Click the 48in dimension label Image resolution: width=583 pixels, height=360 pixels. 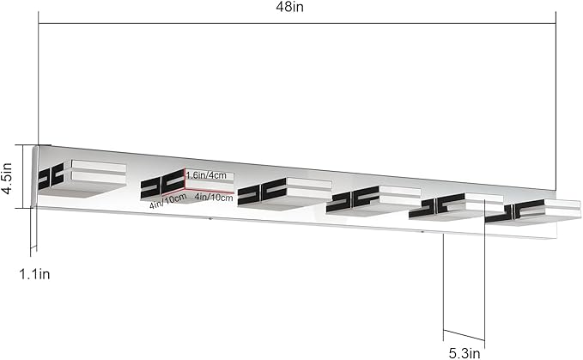[x=289, y=7]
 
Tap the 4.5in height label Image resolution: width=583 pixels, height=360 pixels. [x=7, y=178]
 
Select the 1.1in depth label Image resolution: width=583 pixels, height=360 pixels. [x=34, y=274]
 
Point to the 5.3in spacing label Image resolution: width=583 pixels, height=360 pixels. [x=465, y=353]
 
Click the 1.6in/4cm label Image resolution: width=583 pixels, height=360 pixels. [x=206, y=175]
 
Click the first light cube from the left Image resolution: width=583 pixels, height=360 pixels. [x=82, y=177]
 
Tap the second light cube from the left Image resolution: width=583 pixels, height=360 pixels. [x=187, y=186]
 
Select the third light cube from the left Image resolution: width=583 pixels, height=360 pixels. [x=284, y=192]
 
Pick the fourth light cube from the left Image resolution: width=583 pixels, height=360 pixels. [x=373, y=201]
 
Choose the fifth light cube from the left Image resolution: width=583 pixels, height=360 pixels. [x=456, y=208]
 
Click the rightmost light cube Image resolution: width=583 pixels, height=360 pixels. [x=533, y=213]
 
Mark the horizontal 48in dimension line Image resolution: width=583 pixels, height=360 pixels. [x=297, y=23]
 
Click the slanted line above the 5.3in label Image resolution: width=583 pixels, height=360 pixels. [x=464, y=334]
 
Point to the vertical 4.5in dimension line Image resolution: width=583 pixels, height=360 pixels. [x=23, y=177]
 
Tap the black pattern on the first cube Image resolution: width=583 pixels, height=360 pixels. [x=51, y=177]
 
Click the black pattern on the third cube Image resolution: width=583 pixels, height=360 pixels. [x=262, y=191]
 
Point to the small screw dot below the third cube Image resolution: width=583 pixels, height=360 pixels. [x=210, y=219]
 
